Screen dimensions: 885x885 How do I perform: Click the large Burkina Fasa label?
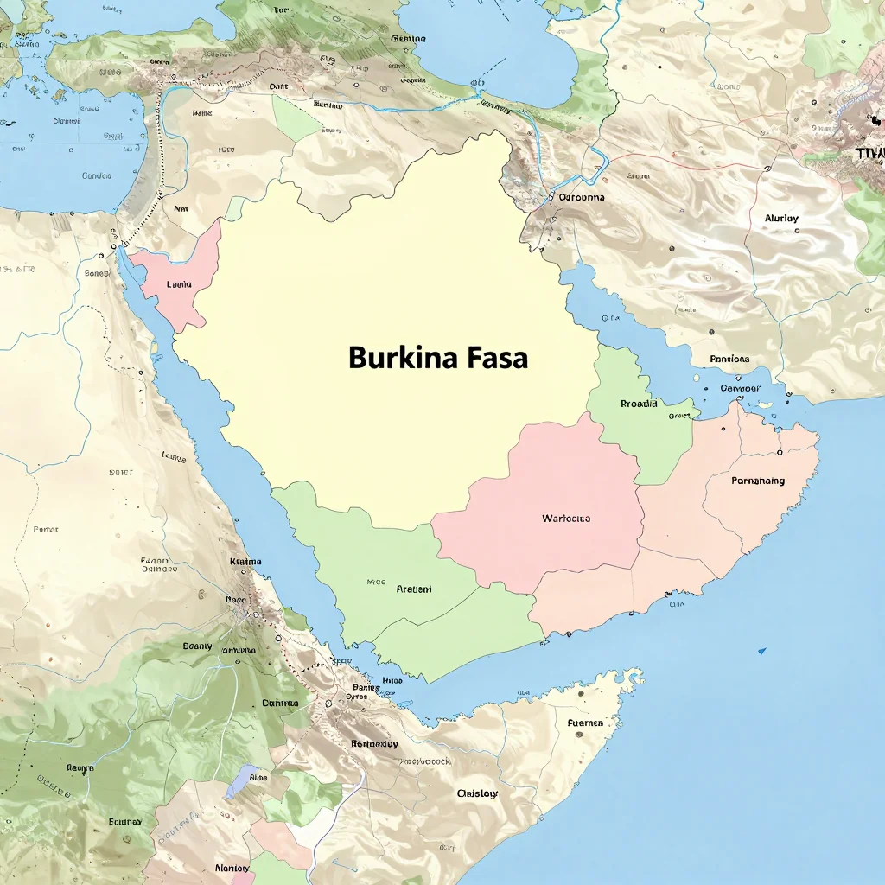click(x=438, y=358)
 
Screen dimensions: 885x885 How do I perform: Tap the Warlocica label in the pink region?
click(x=566, y=519)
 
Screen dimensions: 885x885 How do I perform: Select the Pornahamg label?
click(x=758, y=481)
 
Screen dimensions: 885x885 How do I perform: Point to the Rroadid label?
click(x=639, y=404)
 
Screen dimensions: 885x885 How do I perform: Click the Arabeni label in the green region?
click(x=414, y=589)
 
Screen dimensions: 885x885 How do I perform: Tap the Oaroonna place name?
click(x=582, y=197)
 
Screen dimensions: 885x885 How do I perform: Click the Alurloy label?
click(x=781, y=219)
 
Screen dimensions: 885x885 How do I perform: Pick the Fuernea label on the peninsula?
click(x=585, y=723)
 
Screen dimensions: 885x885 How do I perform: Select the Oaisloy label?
click(x=477, y=793)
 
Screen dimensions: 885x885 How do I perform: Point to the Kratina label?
click(x=245, y=562)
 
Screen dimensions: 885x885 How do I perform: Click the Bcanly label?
click(x=197, y=645)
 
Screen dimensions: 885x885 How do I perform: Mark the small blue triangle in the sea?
click(x=761, y=650)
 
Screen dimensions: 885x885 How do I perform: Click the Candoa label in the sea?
click(x=96, y=176)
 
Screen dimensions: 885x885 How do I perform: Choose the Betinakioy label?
click(x=374, y=743)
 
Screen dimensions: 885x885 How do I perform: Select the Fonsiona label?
click(x=729, y=359)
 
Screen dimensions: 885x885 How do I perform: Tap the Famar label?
click(x=46, y=529)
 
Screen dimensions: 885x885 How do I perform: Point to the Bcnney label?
click(x=125, y=821)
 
